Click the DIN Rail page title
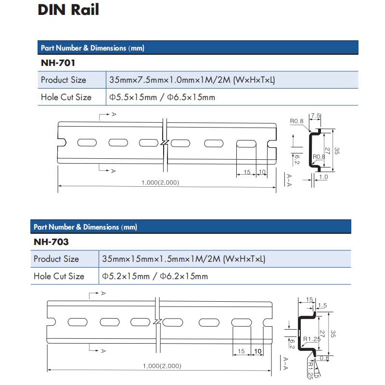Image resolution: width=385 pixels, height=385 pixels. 68,11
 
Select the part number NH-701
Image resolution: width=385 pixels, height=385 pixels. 58,63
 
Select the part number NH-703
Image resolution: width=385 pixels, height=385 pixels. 51,242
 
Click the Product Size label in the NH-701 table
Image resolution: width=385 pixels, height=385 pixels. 64,80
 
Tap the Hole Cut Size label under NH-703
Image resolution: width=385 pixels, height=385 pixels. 59,276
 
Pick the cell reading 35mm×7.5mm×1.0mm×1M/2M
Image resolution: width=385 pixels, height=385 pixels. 192,80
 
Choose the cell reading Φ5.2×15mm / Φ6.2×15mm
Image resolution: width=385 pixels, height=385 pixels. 155,276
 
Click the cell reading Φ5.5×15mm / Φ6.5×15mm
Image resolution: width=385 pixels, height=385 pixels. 162,97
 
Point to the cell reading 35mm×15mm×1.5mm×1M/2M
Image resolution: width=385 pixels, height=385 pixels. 183,259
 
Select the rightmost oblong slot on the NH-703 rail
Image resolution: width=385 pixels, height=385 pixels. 241,322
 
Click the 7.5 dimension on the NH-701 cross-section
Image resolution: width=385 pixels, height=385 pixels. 315,116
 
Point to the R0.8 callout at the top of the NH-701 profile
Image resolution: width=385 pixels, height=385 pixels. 296,122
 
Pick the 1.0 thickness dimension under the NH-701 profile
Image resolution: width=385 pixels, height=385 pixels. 323,177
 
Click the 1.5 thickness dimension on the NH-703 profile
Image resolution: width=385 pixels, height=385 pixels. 322,306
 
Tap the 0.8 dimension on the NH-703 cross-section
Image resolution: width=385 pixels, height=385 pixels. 324,358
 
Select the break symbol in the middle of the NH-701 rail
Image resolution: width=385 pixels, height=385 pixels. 165,143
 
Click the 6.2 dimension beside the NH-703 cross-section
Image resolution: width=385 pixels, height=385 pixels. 292,343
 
